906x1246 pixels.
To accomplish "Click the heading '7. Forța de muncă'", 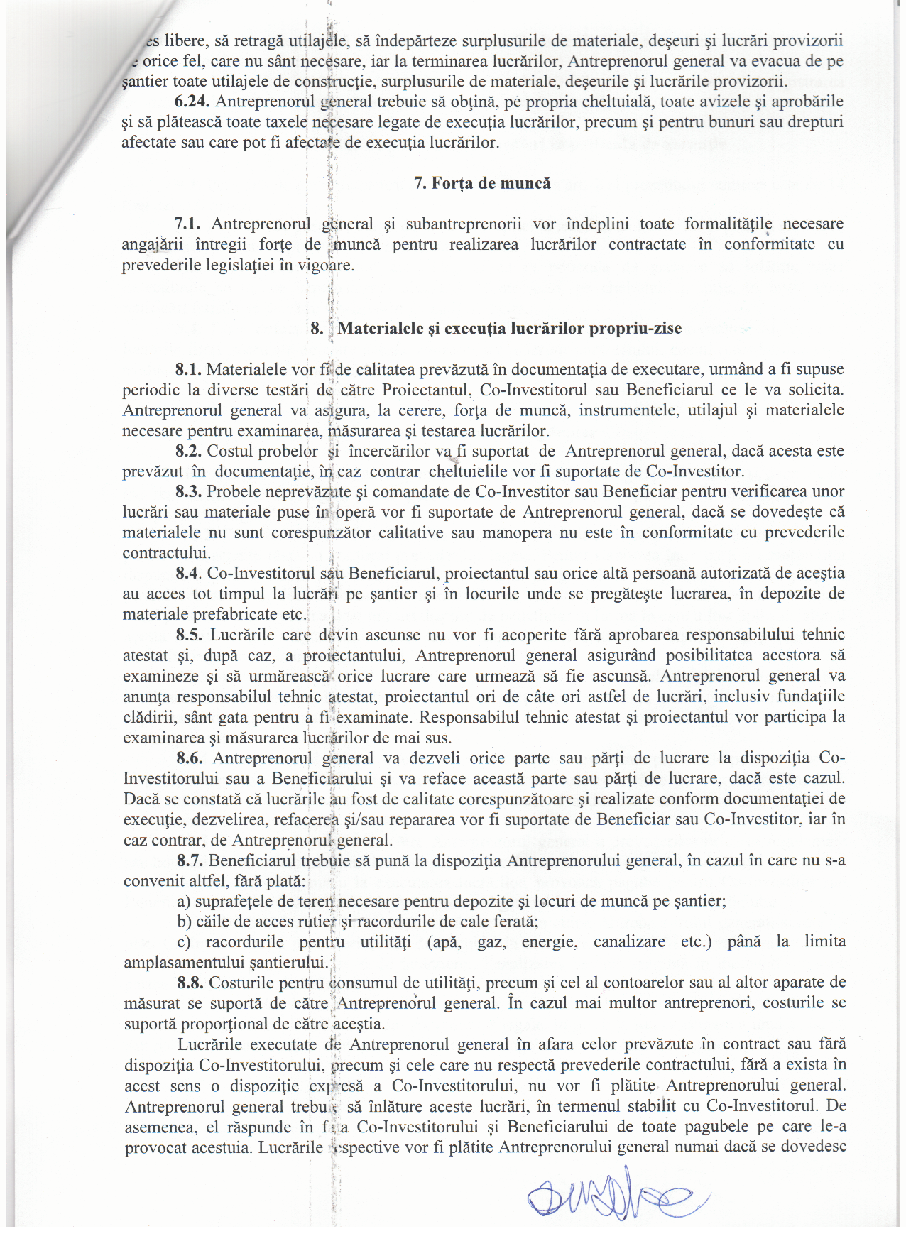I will click(482, 183).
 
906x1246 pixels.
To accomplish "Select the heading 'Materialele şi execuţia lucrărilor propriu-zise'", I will click(509, 328).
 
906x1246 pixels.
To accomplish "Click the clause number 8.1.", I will click(189, 369).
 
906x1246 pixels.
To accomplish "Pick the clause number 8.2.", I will click(189, 451).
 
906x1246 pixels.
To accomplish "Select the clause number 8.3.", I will click(189, 491).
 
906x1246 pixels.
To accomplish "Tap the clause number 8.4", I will click(189, 573).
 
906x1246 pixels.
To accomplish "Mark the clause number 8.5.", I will click(189, 635).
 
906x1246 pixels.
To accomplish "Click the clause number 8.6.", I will click(190, 758).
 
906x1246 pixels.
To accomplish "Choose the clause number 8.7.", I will click(190, 860).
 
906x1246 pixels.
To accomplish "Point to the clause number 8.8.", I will click(190, 983).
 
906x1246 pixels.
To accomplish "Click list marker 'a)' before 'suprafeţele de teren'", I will click(184, 902).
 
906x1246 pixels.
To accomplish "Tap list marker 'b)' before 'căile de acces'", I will click(185, 922).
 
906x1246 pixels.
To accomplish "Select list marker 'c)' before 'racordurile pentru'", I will click(184, 942).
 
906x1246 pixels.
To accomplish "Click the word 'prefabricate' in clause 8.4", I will click(236, 614).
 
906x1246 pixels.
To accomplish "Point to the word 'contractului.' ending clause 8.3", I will click(166, 553).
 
